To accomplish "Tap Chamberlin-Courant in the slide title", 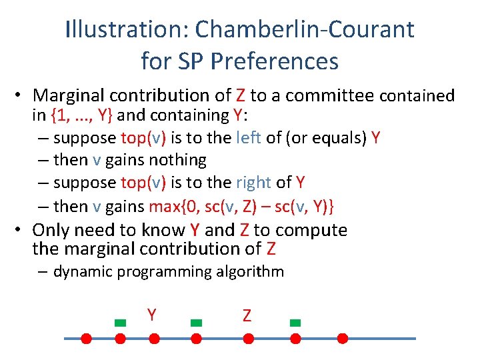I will (x=305, y=29).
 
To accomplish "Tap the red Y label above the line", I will (x=152, y=315).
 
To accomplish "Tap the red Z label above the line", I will (x=247, y=315).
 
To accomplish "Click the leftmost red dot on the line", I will (x=86, y=339).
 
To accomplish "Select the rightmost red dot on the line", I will (x=343, y=339).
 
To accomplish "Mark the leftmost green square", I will (x=120, y=323).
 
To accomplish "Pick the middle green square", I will (x=196, y=323).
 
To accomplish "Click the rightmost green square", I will (x=295, y=323).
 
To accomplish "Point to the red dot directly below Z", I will (x=248, y=339).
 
